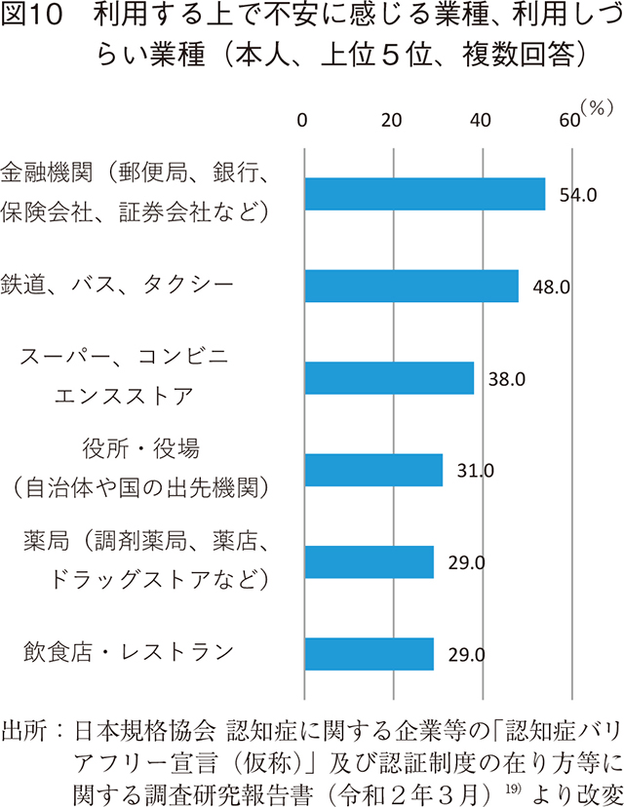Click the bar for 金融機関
(424, 195)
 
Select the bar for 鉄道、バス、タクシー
(410, 287)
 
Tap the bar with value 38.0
(389, 378)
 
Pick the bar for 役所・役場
(373, 470)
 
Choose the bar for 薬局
(369, 562)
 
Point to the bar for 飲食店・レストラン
(369, 654)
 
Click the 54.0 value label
(577, 195)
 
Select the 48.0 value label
(551, 287)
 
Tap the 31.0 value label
(475, 470)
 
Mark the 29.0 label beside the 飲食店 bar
(466, 654)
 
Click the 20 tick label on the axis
(392, 120)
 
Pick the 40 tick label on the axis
(481, 120)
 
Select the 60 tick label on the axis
(569, 120)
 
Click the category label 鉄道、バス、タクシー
(117, 285)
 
